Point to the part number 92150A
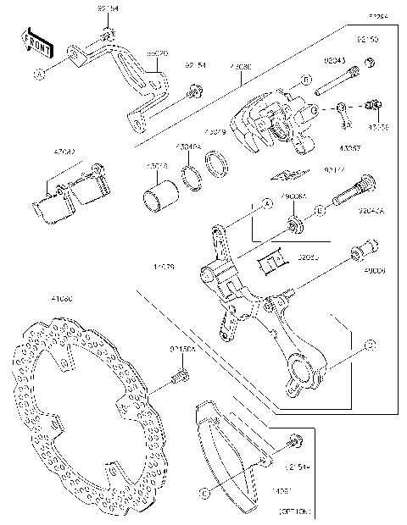point(181,348)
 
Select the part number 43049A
point(187,146)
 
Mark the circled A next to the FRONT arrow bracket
point(38,75)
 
